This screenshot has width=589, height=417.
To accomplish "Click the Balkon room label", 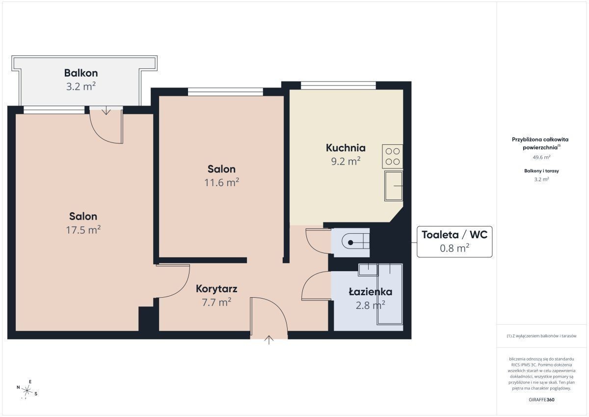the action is [x=81, y=73].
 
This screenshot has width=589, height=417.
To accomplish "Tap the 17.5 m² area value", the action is [x=83, y=230].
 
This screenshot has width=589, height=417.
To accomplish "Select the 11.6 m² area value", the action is [x=222, y=182].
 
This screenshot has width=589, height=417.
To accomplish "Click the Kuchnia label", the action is [x=346, y=148].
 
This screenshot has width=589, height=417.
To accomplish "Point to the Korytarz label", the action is [x=216, y=289].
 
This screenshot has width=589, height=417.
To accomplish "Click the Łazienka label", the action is [x=371, y=292].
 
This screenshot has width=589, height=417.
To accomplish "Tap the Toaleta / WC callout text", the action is [x=455, y=235].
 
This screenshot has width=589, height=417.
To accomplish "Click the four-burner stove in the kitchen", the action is [x=392, y=157].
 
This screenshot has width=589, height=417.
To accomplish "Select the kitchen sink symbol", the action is [x=394, y=186].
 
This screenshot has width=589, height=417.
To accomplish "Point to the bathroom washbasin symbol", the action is [x=368, y=270].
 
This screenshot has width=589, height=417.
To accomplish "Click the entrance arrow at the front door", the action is [x=269, y=340].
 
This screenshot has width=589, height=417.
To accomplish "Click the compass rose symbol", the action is [x=27, y=390].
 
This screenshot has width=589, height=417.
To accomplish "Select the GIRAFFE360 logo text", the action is [x=541, y=400].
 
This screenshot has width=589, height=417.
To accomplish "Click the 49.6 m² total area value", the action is [x=541, y=157].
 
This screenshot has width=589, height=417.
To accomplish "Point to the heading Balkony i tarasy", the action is [x=541, y=171].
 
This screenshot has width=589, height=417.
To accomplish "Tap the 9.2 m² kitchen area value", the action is [x=346, y=161].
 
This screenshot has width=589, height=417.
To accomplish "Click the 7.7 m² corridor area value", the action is [x=216, y=302].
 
